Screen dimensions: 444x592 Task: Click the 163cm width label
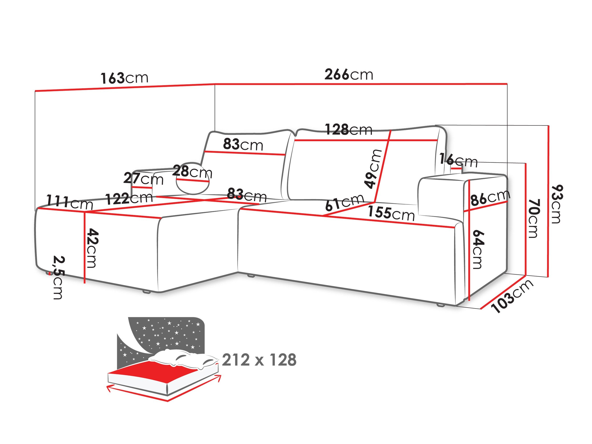124,78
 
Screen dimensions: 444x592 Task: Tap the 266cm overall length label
349,74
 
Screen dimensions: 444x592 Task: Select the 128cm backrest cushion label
349,130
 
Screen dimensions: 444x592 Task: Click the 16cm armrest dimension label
458,161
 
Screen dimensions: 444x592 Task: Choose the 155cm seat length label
391,213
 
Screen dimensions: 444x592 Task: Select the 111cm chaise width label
70,202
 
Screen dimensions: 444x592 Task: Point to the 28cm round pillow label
192,172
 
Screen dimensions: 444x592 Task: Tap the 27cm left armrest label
143,178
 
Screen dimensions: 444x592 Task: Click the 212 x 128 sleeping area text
259,360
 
